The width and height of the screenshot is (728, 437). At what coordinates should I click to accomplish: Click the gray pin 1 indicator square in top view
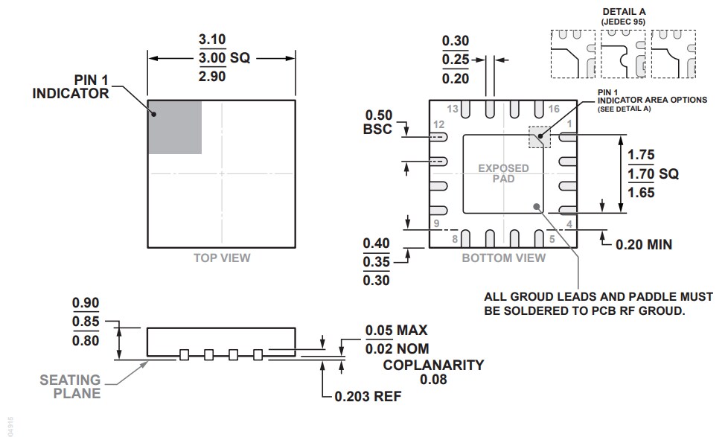point(174,127)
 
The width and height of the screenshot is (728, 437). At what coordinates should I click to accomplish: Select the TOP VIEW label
point(222,258)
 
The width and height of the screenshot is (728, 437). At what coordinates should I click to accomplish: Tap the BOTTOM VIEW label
point(504,258)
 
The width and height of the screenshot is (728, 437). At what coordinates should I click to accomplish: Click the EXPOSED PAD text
point(504,173)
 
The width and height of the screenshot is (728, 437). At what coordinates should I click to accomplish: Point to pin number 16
point(552,109)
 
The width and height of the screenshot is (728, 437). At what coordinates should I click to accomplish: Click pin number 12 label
point(439,124)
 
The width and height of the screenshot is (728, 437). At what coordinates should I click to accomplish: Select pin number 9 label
point(438,224)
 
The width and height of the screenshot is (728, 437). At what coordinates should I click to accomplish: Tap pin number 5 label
point(552,239)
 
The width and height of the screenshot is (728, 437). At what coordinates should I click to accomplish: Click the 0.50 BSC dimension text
point(379,123)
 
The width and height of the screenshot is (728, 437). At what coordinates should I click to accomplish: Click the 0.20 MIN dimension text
point(644,244)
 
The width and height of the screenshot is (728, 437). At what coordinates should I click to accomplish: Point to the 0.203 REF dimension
point(367,396)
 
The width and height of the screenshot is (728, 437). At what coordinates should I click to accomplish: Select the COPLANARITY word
point(433,365)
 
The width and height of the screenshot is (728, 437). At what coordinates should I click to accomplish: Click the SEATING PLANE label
point(71,386)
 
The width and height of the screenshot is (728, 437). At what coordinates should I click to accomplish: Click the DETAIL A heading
point(624,13)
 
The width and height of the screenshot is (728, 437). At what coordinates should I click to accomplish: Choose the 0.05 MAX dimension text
point(396,331)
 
